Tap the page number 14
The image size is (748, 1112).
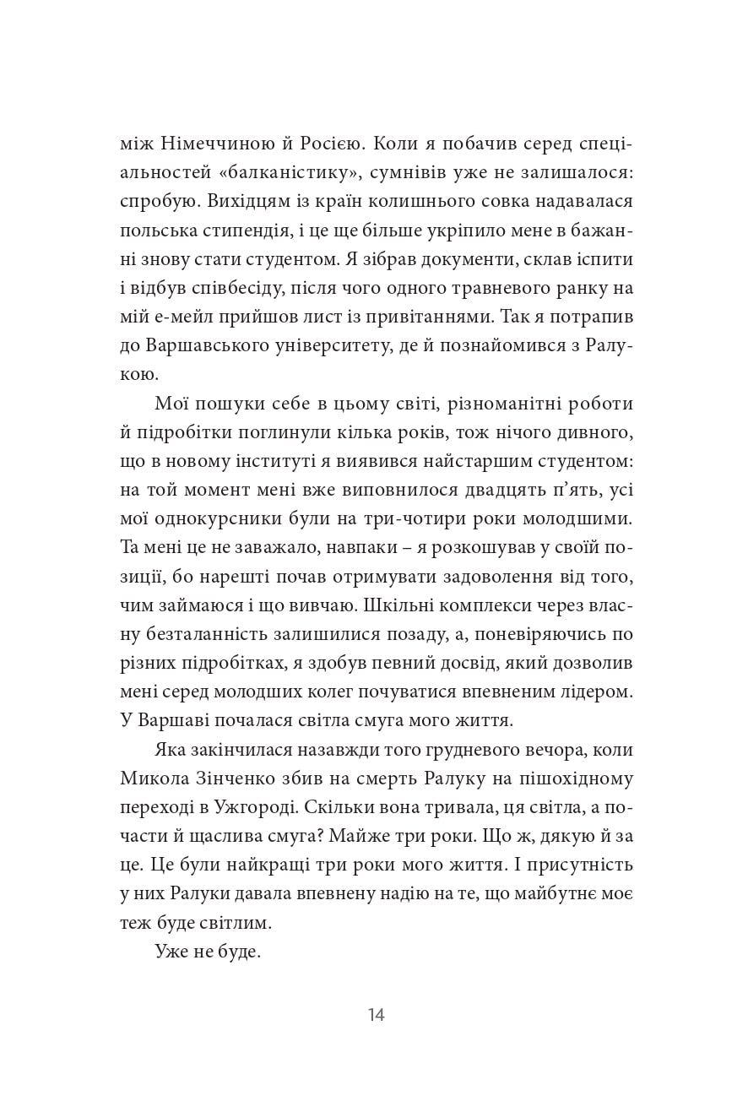[x=376, y=1015]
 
